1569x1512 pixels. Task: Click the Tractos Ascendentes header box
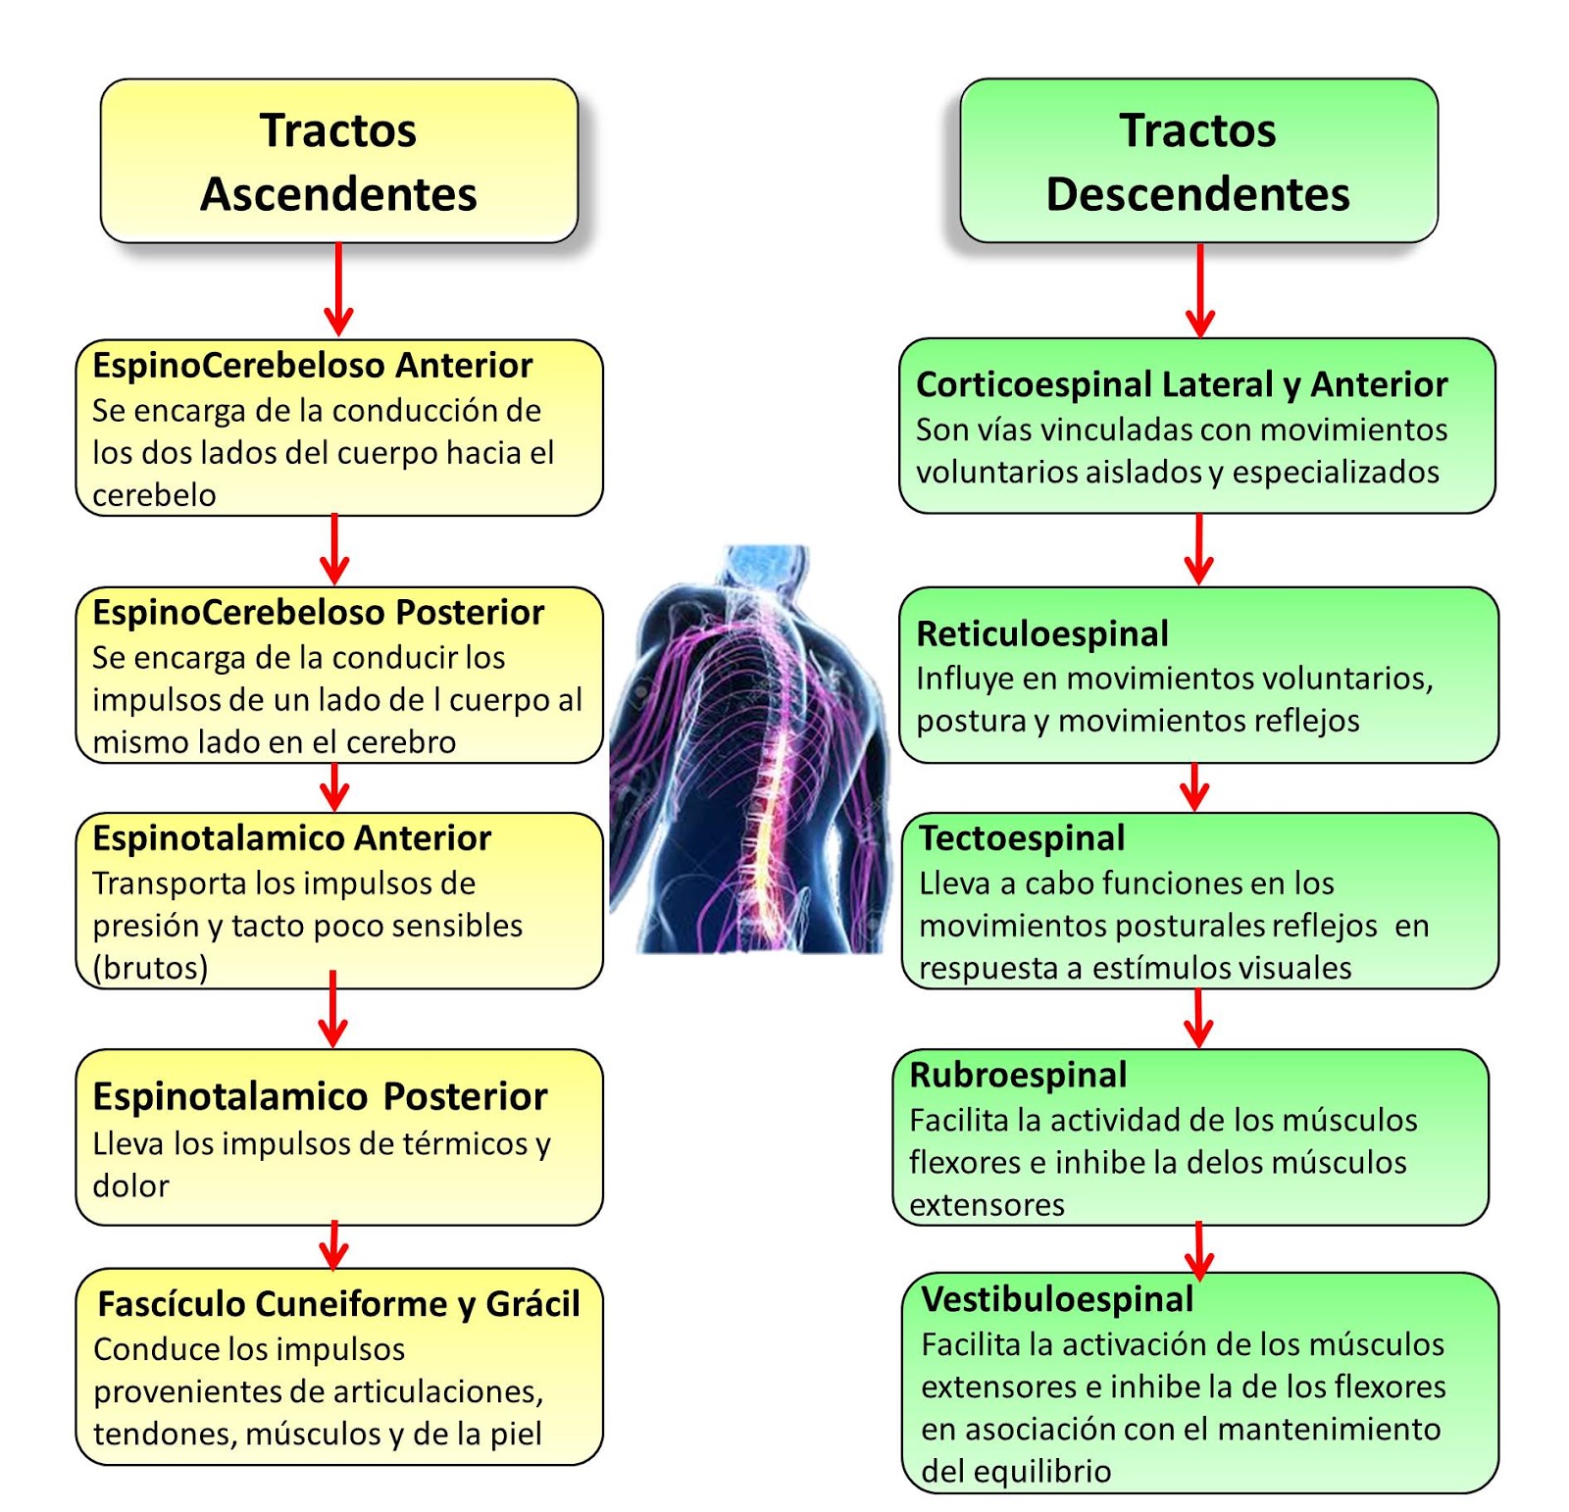tap(338, 162)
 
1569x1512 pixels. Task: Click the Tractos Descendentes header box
tap(1197, 162)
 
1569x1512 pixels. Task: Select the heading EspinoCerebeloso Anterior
tap(312, 366)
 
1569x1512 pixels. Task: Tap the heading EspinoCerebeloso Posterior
tap(318, 613)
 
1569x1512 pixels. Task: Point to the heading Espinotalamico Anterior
tap(291, 838)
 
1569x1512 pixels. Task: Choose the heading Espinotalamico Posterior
tap(320, 1096)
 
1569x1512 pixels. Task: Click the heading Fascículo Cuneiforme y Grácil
tap(338, 1304)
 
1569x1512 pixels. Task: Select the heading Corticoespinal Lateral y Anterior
tap(1181, 384)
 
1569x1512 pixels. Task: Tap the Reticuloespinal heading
tap(1041, 633)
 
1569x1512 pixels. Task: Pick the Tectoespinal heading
tap(1022, 838)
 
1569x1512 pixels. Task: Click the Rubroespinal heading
tap(1018, 1075)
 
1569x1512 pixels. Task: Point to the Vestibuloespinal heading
tap(1057, 1299)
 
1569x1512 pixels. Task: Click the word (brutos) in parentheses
tap(150, 968)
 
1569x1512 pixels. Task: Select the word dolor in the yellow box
tap(130, 1186)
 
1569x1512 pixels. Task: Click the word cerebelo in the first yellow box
tap(154, 495)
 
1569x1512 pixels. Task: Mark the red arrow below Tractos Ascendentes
tap(338, 289)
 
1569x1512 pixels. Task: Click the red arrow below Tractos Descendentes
tap(1199, 290)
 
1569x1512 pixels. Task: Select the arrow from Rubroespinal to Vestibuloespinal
tap(1198, 1250)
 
